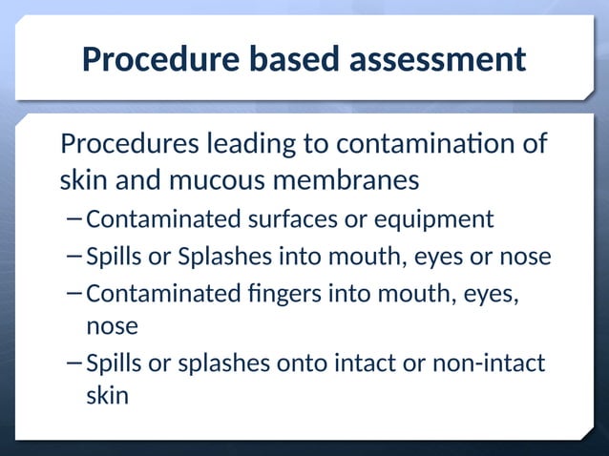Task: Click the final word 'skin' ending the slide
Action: [107, 395]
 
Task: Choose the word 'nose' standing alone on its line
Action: [112, 326]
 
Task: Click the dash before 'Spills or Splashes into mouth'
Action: [74, 258]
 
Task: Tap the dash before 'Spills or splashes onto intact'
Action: [74, 363]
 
